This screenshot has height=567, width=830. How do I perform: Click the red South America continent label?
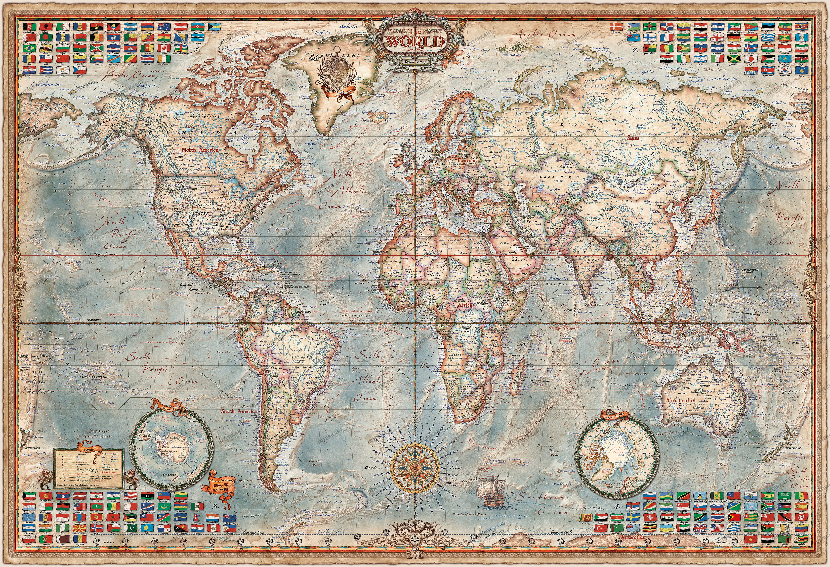pyautogui.click(x=239, y=411)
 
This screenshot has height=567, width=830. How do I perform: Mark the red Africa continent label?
pyautogui.click(x=464, y=305)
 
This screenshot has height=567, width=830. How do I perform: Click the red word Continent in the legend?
pyautogui.click(x=109, y=472)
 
